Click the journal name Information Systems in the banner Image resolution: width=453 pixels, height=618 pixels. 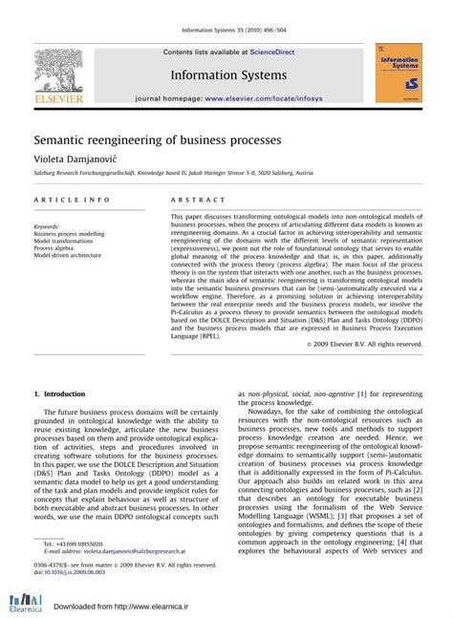[x=228, y=75]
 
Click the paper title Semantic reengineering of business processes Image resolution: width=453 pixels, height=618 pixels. [x=158, y=139]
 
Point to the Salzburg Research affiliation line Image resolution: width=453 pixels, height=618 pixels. [x=173, y=174]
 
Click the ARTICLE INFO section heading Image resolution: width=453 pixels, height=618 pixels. [x=72, y=200]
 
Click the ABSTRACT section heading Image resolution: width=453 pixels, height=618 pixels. [x=199, y=200]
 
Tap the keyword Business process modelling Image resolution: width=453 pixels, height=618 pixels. [x=69, y=234]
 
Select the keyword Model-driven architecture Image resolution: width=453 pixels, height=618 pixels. [x=67, y=256]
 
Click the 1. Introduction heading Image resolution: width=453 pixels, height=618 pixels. [x=59, y=394]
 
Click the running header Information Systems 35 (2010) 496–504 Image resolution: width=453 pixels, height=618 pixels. [x=226, y=30]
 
